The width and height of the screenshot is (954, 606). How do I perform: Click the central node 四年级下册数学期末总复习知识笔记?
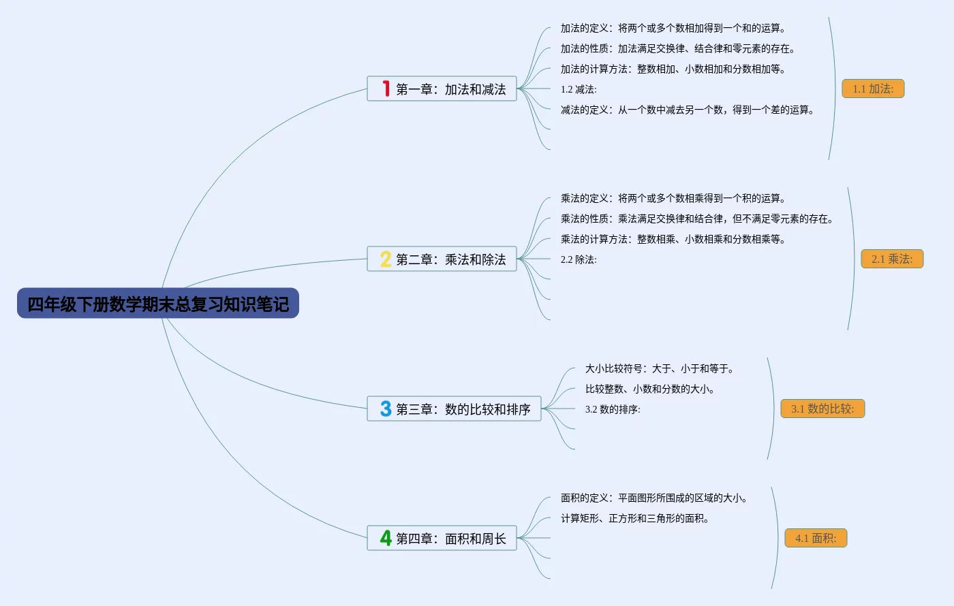(158, 304)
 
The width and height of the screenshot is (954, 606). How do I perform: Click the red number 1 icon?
(386, 89)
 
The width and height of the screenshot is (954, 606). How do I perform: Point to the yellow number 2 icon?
(386, 259)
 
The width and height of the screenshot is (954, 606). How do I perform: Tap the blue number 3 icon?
(386, 409)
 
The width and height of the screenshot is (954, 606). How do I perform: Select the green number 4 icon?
(386, 538)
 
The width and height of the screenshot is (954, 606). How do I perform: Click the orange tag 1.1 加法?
(873, 89)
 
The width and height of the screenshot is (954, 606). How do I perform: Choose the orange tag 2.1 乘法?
(892, 259)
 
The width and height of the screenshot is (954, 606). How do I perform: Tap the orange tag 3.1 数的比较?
(822, 409)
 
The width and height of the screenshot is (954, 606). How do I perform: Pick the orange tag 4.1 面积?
(816, 538)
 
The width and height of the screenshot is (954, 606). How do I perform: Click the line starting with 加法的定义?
(673, 28)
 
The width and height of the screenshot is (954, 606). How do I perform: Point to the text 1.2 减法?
(579, 89)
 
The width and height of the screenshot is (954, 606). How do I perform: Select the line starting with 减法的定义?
(687, 110)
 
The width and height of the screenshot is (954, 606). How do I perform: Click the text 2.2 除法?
(579, 259)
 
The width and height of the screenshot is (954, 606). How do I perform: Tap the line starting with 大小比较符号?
(660, 368)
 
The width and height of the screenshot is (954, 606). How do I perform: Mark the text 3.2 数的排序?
(613, 409)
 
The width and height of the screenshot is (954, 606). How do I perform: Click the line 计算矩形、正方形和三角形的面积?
(635, 518)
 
